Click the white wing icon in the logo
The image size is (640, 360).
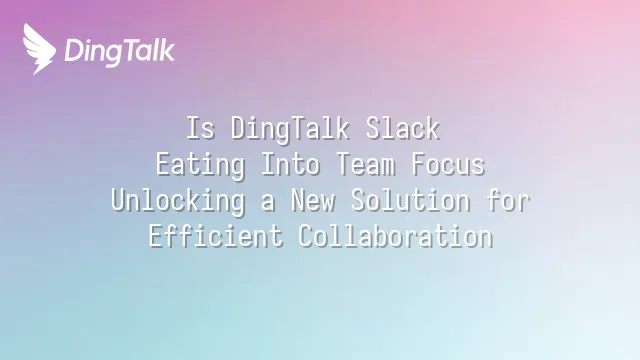click(x=39, y=49)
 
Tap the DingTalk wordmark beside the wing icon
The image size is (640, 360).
click(x=120, y=52)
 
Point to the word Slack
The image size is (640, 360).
click(x=402, y=128)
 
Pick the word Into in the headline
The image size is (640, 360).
click(x=290, y=164)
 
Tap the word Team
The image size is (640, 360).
click(x=365, y=164)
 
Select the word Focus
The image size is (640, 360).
click(x=448, y=164)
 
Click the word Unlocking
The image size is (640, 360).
click(x=178, y=202)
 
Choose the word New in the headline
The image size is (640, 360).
click(x=313, y=200)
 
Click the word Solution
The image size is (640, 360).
click(x=410, y=200)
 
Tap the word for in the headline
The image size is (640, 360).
click(x=508, y=200)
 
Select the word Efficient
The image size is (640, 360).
click(x=216, y=236)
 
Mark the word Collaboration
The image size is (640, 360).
click(x=395, y=236)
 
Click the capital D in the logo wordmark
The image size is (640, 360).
click(x=76, y=50)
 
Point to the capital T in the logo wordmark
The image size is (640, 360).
click(x=131, y=50)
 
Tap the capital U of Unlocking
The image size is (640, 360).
click(x=118, y=200)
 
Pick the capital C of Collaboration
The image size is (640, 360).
click(x=305, y=236)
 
